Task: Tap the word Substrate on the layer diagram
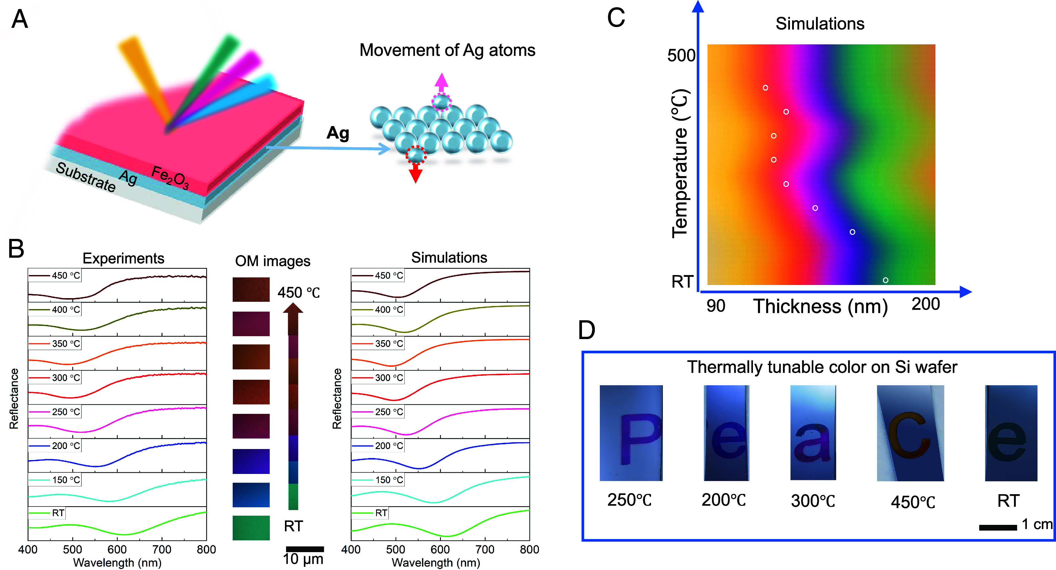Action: (x=86, y=177)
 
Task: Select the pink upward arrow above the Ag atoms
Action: (x=441, y=82)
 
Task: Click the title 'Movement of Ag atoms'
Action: (x=447, y=50)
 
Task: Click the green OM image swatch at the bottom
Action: (x=251, y=528)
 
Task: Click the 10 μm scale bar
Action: (x=305, y=549)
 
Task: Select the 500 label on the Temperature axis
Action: (x=681, y=56)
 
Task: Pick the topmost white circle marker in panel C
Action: (x=765, y=88)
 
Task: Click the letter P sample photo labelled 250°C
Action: (x=631, y=433)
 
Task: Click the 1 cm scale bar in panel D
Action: (x=997, y=528)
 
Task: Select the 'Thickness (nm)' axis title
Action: (x=820, y=307)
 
